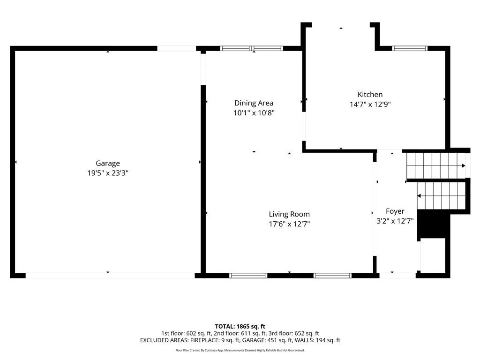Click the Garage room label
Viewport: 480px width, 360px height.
[108, 164]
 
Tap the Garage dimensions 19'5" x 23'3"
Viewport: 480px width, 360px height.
[108, 173]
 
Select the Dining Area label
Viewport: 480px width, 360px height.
[254, 103]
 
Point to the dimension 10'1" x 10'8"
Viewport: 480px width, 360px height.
[254, 113]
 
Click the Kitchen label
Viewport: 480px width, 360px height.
[370, 95]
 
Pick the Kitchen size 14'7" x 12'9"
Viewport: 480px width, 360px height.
[370, 105]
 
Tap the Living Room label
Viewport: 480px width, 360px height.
[289, 214]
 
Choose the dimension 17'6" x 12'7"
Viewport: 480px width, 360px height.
[289, 224]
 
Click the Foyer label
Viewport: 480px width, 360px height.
[395, 211]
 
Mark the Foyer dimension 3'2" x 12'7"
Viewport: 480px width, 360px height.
[395, 221]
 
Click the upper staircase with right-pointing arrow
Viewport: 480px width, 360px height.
[436, 165]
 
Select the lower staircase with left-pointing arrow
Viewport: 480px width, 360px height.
[441, 196]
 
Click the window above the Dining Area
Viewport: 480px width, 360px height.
[252, 48]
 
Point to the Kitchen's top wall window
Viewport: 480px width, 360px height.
[410, 48]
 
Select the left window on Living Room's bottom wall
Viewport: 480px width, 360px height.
[248, 276]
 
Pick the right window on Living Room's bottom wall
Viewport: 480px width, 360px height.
[332, 276]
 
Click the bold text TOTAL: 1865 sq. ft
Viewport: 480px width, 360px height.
[240, 326]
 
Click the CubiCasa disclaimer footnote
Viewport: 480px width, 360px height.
[240, 350]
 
